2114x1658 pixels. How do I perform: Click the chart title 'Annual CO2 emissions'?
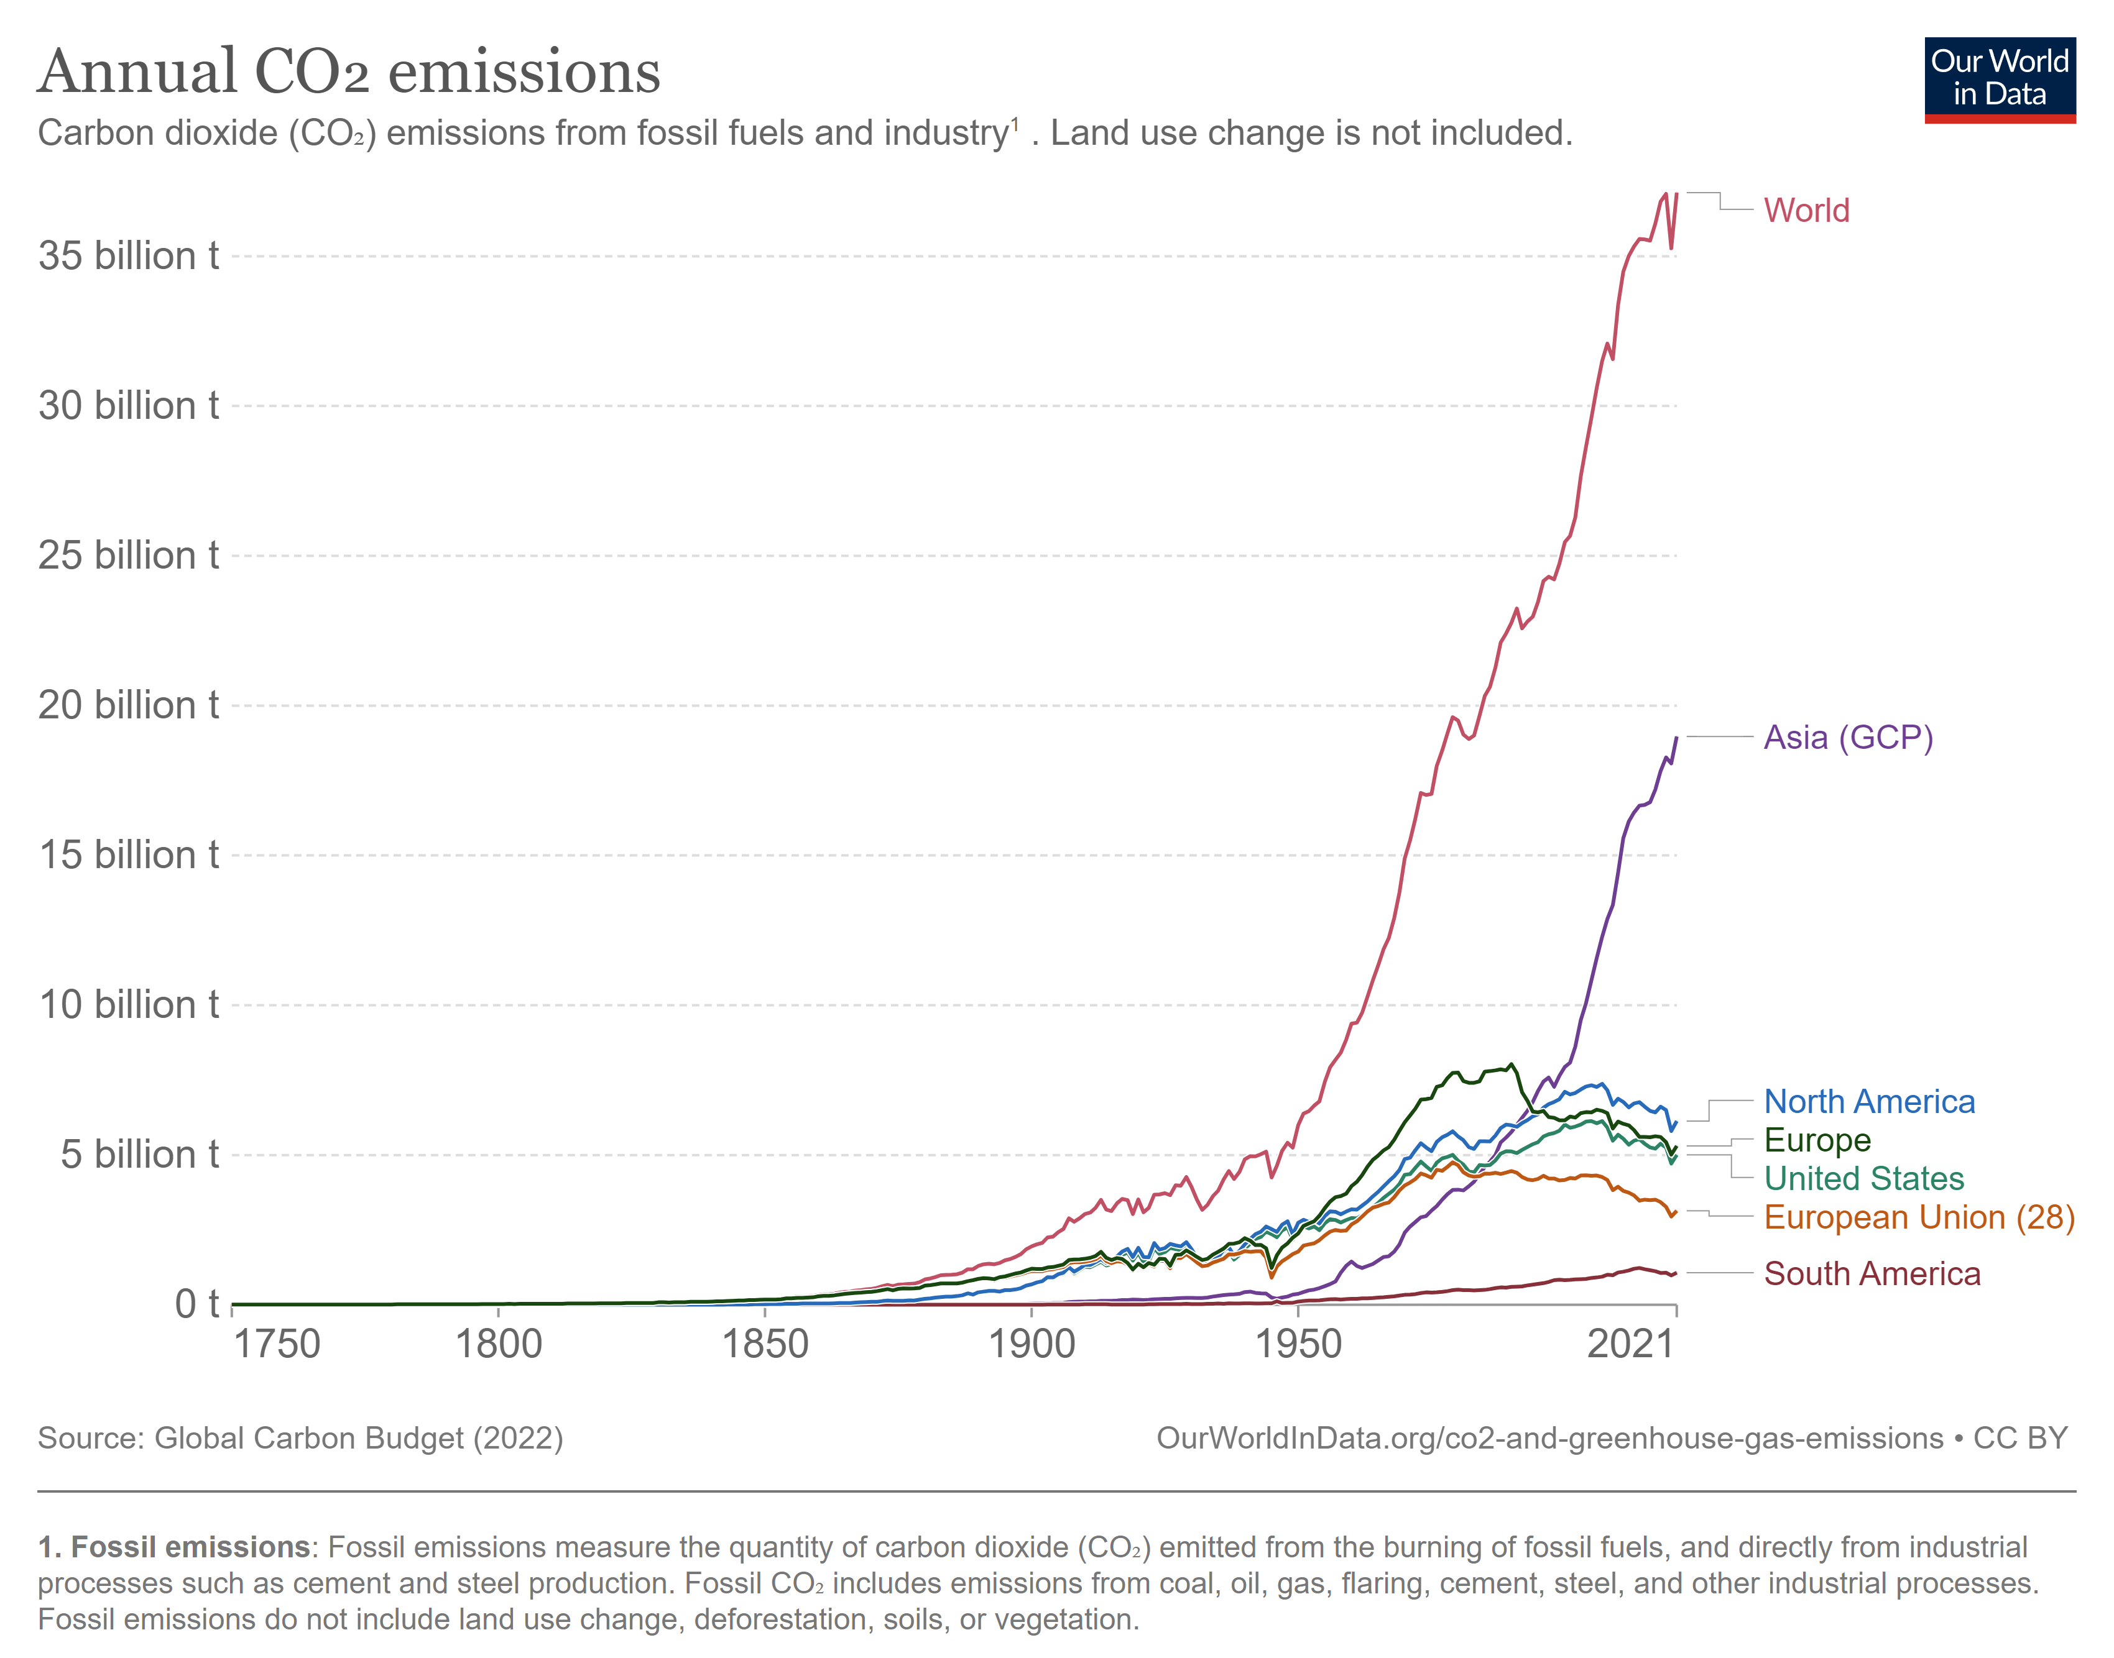coord(349,72)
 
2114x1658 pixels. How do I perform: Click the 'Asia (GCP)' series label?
coord(1847,738)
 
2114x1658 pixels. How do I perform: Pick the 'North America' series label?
coord(1868,1102)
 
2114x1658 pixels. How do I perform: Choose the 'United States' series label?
coord(1862,1178)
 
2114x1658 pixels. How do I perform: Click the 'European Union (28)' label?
coord(1918,1217)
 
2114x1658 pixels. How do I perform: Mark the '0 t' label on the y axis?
coord(196,1304)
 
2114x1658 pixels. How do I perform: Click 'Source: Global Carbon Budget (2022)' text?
coord(300,1437)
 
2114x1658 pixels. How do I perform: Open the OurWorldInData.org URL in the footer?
coord(1549,1437)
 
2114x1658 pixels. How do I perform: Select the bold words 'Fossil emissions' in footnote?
coord(190,1547)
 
